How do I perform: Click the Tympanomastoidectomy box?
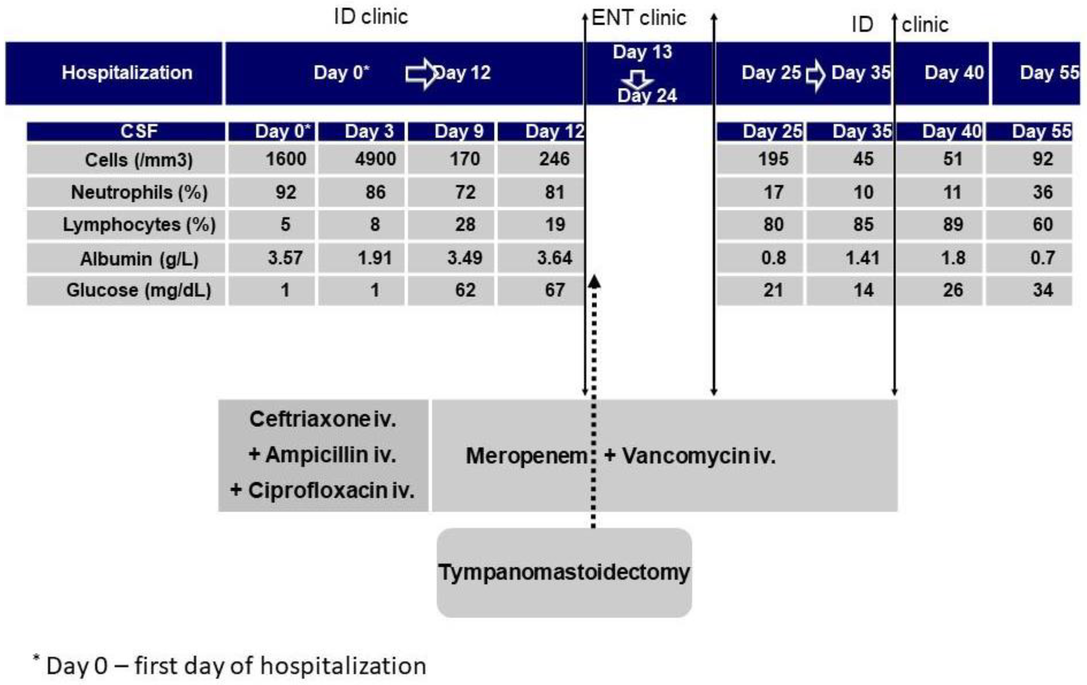click(564, 572)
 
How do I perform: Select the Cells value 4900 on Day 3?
click(375, 159)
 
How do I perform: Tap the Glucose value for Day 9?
click(465, 290)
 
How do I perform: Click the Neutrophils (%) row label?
click(139, 192)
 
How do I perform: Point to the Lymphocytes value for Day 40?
click(952, 224)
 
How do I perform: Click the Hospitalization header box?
click(127, 73)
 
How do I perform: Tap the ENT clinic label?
click(638, 18)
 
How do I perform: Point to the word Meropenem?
click(526, 456)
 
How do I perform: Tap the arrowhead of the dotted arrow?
click(594, 282)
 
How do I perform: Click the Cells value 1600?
click(285, 159)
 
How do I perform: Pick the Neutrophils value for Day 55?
click(1042, 192)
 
